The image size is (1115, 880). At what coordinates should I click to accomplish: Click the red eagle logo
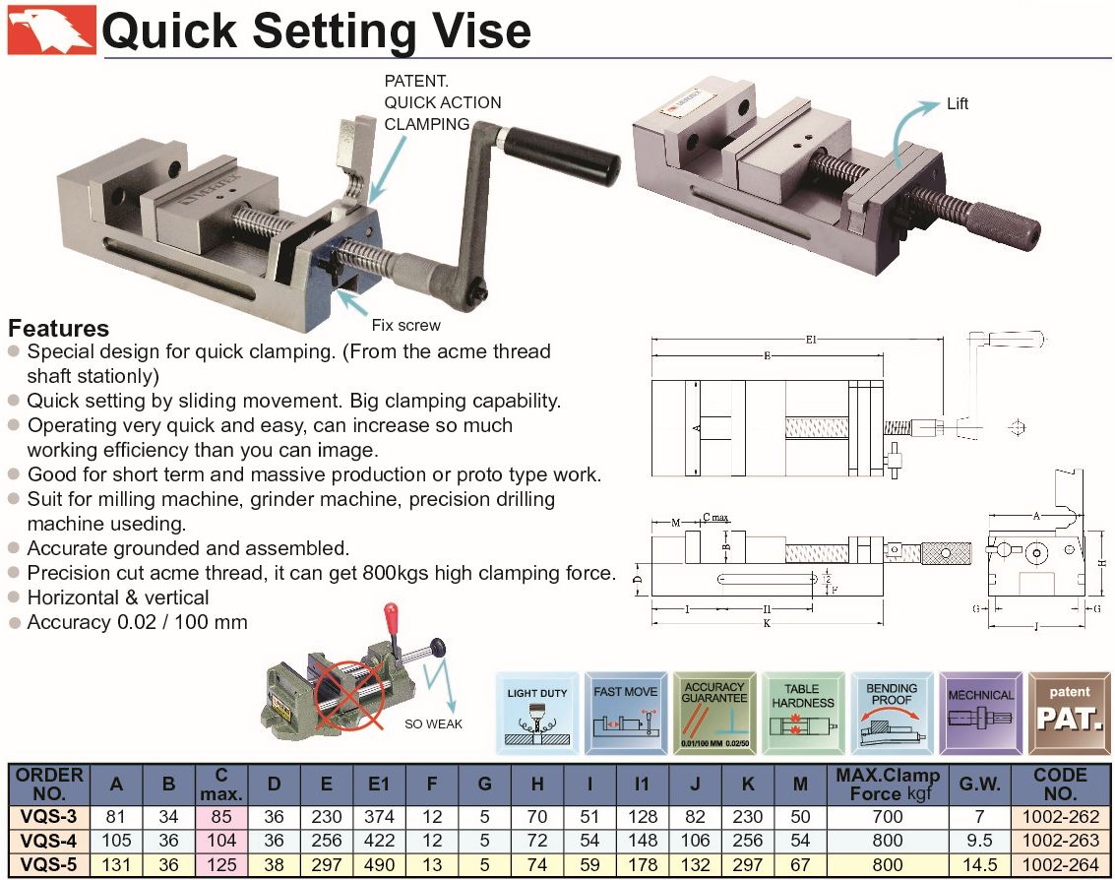tap(51, 30)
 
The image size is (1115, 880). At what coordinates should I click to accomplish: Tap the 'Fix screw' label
tap(405, 325)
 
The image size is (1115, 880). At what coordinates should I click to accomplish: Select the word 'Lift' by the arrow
tap(958, 102)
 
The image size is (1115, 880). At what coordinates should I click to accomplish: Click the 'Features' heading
tap(58, 329)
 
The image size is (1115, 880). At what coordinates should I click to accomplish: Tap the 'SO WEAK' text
tap(433, 724)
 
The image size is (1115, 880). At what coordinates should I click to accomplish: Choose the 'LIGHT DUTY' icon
tap(536, 714)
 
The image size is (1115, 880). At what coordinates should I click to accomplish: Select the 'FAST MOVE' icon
tap(625, 714)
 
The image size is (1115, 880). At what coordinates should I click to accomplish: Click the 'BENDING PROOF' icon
tap(892, 714)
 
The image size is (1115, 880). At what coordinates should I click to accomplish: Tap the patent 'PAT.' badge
tap(1069, 714)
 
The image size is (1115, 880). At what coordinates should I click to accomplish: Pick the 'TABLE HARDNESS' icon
tap(802, 714)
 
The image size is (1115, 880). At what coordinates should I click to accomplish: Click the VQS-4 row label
tap(48, 840)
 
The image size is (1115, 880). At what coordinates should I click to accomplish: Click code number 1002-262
tap(1060, 815)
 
